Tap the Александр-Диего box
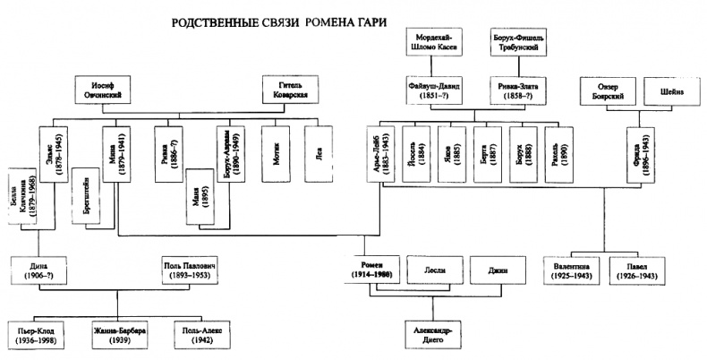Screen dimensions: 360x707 point(432,332)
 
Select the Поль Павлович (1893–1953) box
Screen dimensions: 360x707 point(189,271)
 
